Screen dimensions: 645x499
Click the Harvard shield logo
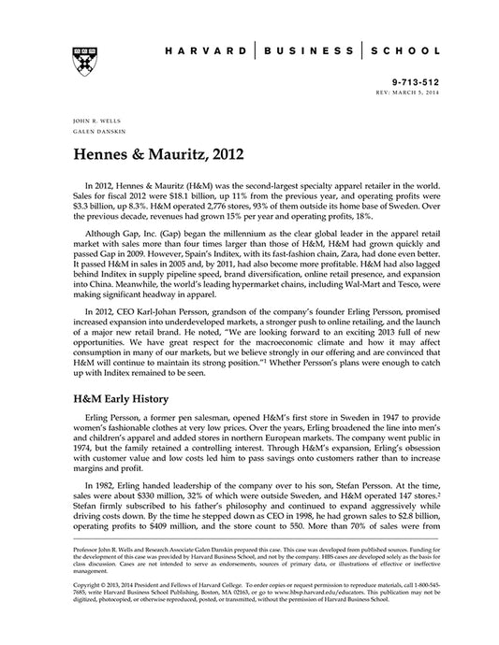click(x=77, y=55)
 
